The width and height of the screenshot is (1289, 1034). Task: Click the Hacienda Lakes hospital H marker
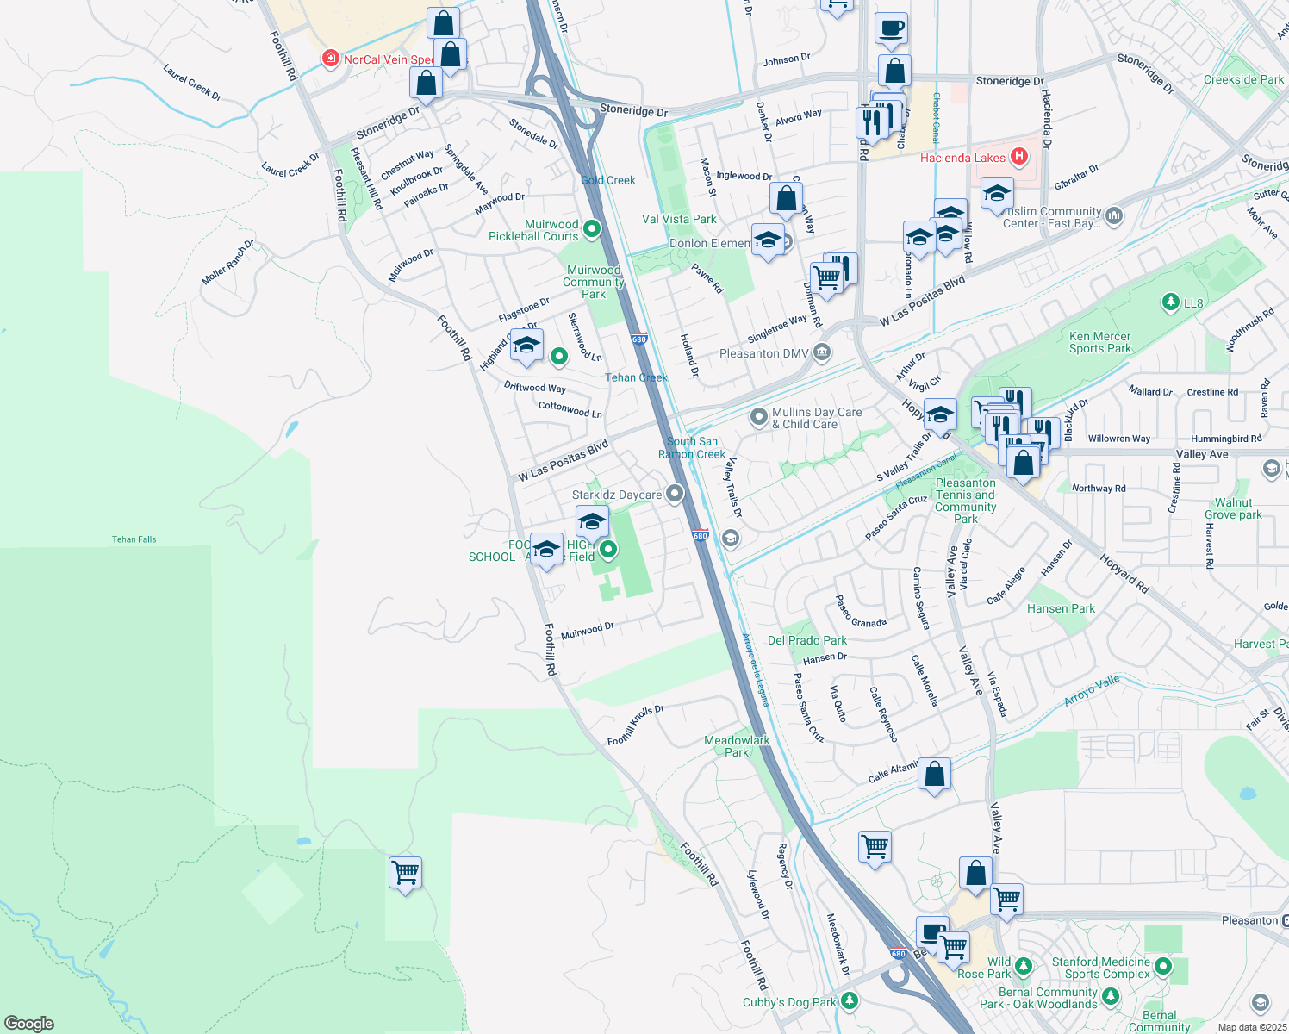coord(1019,157)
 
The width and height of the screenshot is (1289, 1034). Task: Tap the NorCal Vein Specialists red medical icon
coord(329,59)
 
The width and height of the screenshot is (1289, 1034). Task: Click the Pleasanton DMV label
coord(764,353)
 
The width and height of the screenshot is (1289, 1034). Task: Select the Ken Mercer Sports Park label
coord(1099,343)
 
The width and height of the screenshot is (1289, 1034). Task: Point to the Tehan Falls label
coord(134,539)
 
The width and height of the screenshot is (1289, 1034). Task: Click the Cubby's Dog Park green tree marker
coord(850,1001)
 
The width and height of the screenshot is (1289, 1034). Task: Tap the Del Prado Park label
coord(806,640)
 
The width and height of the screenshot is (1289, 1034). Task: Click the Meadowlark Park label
coord(737,746)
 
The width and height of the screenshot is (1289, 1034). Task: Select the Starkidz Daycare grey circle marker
coord(675,494)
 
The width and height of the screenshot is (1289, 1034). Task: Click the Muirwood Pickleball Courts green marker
coord(592,229)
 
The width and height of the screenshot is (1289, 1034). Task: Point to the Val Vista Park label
coord(679,219)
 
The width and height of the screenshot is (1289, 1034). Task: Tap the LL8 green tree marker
coord(1170,302)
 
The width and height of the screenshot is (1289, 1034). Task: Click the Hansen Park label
coord(1061,608)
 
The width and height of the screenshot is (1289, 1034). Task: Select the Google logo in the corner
coord(29,1023)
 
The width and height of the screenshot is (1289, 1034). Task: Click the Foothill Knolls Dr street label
coord(635,726)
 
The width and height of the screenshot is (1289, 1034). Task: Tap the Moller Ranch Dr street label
coord(227,263)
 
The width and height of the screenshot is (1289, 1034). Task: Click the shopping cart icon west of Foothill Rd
coord(405,873)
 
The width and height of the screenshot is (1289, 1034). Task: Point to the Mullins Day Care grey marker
coord(758,418)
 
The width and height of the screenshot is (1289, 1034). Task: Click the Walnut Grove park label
coord(1233,508)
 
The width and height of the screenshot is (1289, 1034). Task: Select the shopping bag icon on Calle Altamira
coord(935,775)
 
